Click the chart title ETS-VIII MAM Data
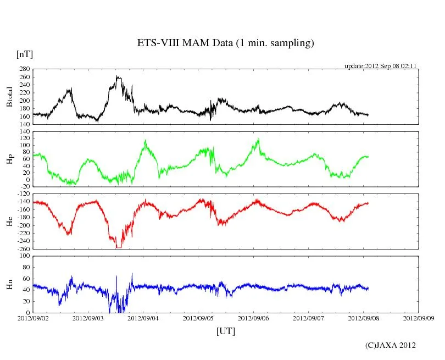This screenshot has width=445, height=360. [225, 43]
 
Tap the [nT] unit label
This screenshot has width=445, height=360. [25, 54]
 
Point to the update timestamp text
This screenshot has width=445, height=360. [381, 66]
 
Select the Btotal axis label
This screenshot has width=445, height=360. [10, 97]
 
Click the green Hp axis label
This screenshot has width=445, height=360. [10, 159]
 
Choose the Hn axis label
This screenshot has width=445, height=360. [10, 284]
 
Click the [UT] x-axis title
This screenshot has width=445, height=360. [226, 331]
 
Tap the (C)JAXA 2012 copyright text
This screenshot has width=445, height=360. [390, 345]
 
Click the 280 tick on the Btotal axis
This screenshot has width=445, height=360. [24, 69]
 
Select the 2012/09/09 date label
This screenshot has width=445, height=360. [418, 318]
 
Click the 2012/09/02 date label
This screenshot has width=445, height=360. [33, 318]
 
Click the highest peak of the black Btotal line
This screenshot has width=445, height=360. [117, 76]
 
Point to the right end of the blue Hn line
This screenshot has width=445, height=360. [368, 289]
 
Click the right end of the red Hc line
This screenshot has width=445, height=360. [368, 203]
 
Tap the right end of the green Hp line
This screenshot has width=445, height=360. [368, 157]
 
